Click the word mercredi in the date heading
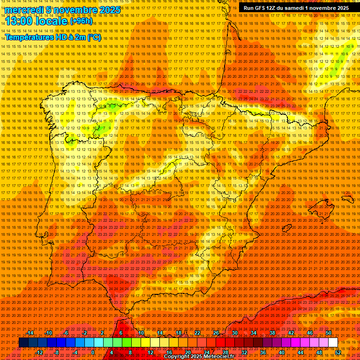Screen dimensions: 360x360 [24, 10]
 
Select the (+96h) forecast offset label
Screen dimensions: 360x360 [82, 21]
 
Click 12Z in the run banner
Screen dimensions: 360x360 [284, 8]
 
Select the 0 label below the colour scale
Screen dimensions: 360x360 [93, 352]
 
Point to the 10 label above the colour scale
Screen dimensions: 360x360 [141, 333]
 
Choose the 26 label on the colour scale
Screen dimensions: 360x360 [216, 333]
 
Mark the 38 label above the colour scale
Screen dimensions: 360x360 [272, 333]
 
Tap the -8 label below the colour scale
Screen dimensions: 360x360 [57, 352]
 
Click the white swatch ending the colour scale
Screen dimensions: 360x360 [333, 343]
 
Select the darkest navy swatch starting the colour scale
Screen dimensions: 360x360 [23, 343]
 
